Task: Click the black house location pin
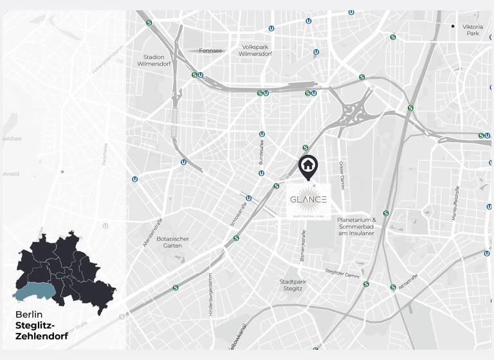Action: [x=308, y=166]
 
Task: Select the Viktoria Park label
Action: [x=473, y=30]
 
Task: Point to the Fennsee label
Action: [x=210, y=50]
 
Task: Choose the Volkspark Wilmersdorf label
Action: [x=254, y=50]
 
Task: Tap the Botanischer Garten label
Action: [x=172, y=242]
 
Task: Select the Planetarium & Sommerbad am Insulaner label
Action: [x=356, y=226]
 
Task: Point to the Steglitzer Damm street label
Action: [x=342, y=273]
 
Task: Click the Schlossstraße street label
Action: [x=238, y=213]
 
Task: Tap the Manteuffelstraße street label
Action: [x=455, y=203]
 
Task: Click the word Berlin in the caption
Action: [x=29, y=315]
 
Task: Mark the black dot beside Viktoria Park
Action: [x=453, y=26]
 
